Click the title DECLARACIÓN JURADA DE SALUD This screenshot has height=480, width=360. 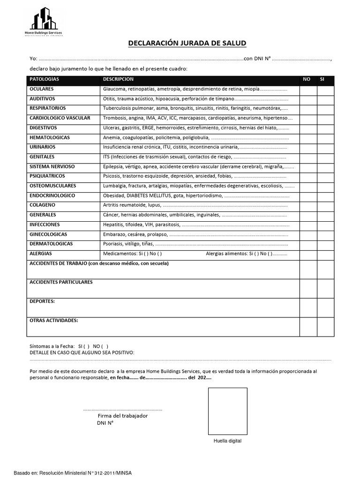(187, 44)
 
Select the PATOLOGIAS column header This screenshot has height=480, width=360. (44, 79)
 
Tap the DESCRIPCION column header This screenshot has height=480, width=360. (118, 79)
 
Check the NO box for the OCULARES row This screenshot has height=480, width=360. (308, 89)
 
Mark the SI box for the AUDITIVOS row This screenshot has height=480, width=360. (325, 99)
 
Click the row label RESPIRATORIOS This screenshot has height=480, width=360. (47, 108)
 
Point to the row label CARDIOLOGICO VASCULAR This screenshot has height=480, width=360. (60, 118)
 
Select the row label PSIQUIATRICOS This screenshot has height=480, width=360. (47, 176)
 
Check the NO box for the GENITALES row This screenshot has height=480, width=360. (308, 157)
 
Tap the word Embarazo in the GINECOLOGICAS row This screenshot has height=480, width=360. (114, 234)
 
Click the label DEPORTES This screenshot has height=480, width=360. (42, 301)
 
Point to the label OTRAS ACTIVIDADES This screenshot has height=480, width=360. (53, 321)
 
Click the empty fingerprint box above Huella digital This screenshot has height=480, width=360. (227, 412)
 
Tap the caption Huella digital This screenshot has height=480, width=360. (227, 441)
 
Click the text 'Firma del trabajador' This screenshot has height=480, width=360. (122, 416)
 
